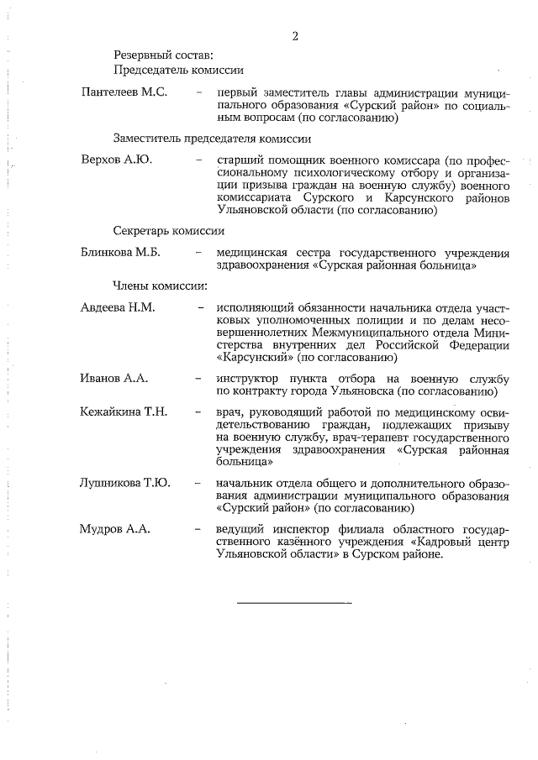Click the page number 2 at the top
[295, 36]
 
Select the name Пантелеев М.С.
[124, 92]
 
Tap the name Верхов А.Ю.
[116, 159]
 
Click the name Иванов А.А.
[114, 379]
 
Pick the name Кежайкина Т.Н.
[124, 411]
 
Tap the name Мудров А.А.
[114, 529]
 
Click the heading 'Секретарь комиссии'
[169, 231]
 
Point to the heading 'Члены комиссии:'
[161, 286]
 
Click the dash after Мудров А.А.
[198, 529]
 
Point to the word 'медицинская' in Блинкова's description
[253, 252]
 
